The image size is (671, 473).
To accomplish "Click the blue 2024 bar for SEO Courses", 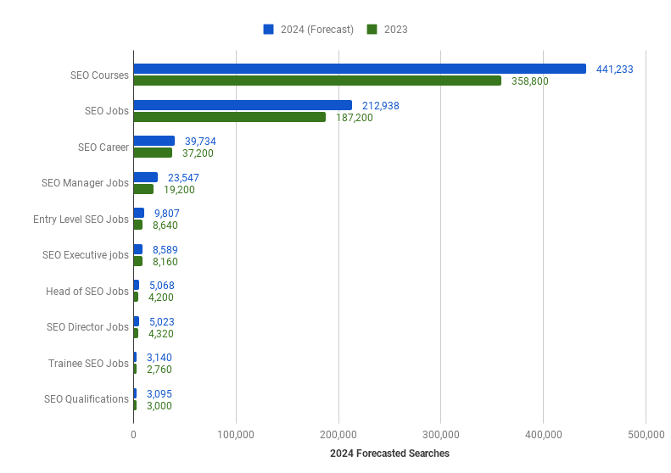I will click(360, 69).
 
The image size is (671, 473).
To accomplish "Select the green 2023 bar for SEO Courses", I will click(317, 81).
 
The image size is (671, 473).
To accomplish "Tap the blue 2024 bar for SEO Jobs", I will click(243, 105).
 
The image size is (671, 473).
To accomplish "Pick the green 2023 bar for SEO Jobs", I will click(229, 118).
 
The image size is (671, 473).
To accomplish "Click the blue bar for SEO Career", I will click(154, 141).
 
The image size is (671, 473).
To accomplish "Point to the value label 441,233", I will click(615, 70).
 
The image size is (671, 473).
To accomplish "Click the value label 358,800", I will click(530, 81).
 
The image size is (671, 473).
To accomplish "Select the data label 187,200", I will click(355, 118).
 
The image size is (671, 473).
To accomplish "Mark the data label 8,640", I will click(165, 225).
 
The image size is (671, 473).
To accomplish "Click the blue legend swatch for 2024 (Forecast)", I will click(268, 29).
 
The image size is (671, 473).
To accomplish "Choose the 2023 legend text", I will click(395, 30).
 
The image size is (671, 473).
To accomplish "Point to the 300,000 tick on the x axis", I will click(440, 435).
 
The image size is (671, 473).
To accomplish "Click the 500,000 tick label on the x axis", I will click(646, 435).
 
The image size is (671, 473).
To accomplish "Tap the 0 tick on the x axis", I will click(133, 435).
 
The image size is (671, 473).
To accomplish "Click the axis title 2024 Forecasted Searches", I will click(389, 454).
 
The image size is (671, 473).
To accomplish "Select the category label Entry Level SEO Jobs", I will click(81, 220).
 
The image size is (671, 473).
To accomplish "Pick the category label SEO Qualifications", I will click(86, 399).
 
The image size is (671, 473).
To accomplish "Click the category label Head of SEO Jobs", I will click(87, 292).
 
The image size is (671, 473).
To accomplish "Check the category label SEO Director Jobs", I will click(87, 327).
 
